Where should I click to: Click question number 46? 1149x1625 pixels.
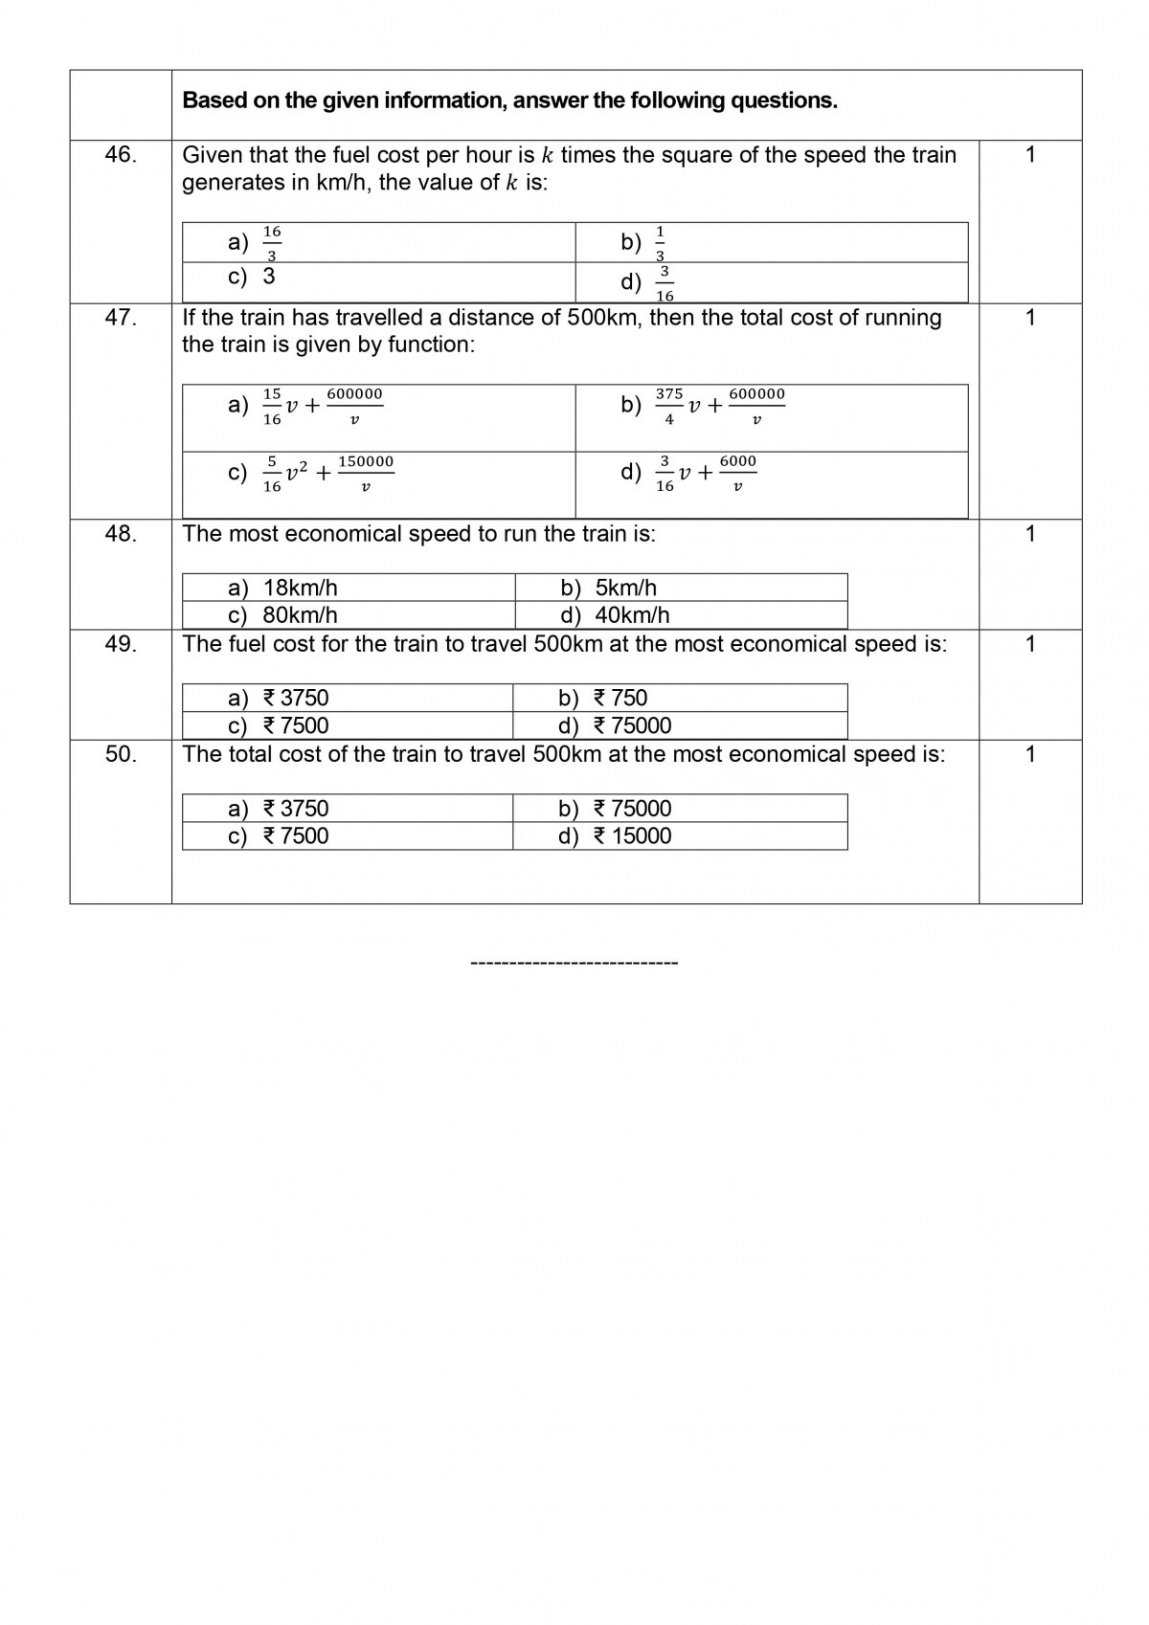pos(121,155)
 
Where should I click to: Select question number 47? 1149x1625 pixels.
pos(121,318)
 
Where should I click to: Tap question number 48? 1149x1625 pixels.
pos(121,534)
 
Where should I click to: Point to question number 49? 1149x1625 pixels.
pos(121,644)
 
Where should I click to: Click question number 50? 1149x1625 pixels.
pos(121,754)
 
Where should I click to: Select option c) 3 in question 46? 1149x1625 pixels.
pos(253,277)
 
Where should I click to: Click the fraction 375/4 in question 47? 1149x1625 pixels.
pos(669,406)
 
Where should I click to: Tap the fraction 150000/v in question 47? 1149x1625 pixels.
pos(366,474)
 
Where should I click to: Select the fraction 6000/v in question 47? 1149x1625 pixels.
pos(737,474)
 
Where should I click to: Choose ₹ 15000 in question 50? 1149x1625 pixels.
pos(632,835)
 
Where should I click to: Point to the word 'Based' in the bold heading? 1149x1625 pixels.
pos(214,100)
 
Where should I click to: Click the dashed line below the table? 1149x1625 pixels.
pos(574,962)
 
